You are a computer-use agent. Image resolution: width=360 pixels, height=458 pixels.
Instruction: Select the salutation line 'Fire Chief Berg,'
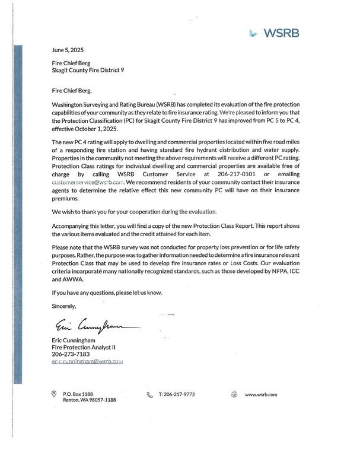click(x=73, y=91)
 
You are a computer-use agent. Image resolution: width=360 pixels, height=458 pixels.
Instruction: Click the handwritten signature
click(x=95, y=325)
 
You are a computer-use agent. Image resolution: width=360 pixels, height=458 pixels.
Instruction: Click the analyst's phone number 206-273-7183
click(x=71, y=354)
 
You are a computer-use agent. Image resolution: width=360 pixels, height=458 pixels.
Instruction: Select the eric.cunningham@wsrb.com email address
click(x=87, y=361)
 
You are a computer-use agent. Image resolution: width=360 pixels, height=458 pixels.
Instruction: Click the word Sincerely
click(x=65, y=306)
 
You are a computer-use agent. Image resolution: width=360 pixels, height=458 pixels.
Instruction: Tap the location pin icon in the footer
click(x=55, y=393)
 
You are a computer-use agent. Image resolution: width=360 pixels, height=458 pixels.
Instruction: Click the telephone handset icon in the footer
click(x=149, y=395)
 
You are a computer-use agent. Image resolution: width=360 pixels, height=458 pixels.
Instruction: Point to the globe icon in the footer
click(x=234, y=394)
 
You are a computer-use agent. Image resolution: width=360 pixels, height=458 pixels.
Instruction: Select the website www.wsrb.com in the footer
click(x=261, y=395)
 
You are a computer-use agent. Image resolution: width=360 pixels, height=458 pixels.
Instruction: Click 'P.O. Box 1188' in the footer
click(x=78, y=394)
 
